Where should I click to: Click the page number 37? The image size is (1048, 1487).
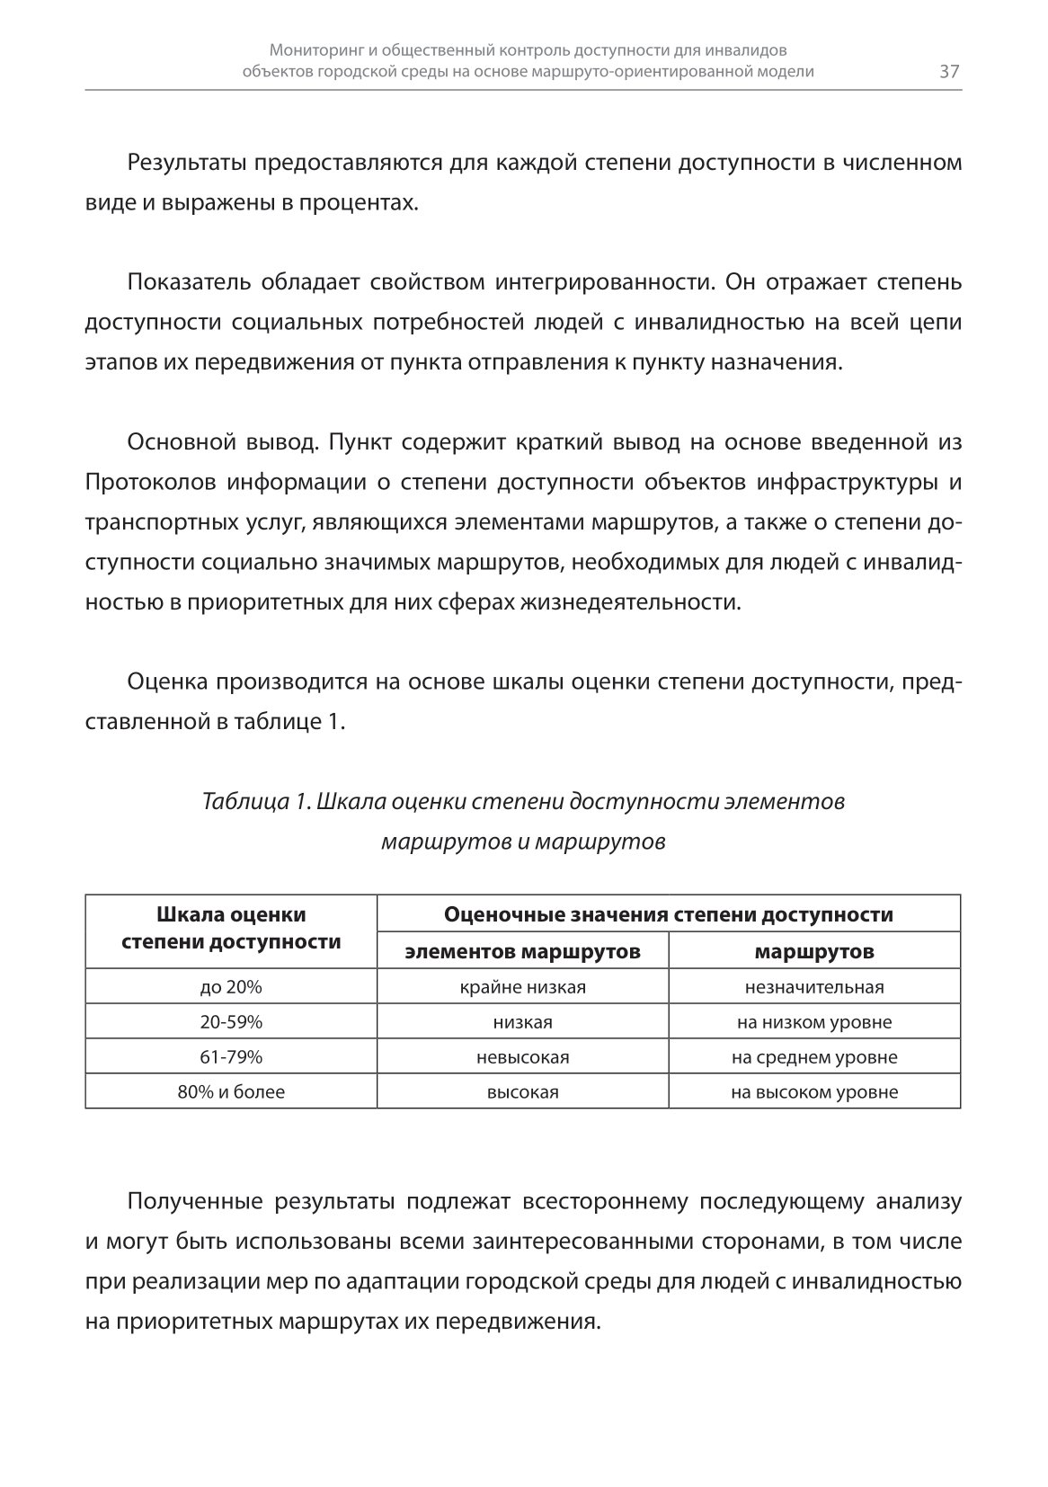(x=949, y=72)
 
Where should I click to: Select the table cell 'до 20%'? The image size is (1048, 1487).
(x=231, y=987)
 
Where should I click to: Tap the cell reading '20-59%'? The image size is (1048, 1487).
(x=231, y=1022)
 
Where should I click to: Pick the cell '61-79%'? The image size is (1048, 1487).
(x=231, y=1057)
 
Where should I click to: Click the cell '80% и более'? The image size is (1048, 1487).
(x=231, y=1092)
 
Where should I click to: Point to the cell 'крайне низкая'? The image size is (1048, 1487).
(x=522, y=987)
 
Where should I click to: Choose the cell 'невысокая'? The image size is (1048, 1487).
(x=522, y=1057)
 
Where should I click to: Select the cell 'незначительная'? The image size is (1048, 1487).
(x=814, y=987)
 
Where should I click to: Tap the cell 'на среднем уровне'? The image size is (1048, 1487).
(x=814, y=1057)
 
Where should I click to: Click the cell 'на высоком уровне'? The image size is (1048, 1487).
(x=814, y=1092)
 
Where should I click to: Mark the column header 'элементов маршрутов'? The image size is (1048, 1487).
(x=522, y=951)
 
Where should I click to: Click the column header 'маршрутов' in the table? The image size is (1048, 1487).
(x=814, y=951)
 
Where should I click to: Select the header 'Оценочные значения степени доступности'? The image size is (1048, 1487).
(x=669, y=915)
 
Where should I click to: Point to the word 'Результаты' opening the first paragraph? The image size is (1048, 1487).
(x=186, y=163)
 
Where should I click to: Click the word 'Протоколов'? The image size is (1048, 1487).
(x=149, y=482)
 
